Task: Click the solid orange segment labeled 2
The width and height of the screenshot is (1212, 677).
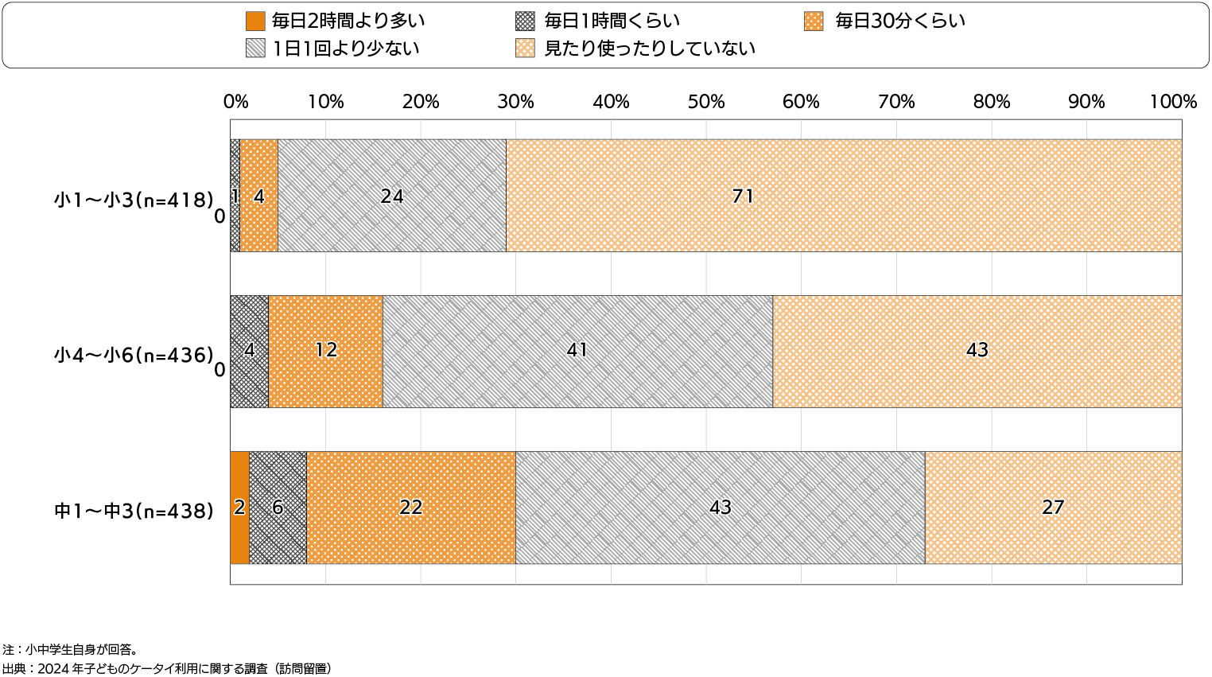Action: click(239, 508)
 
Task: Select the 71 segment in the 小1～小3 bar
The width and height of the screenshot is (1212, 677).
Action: click(843, 196)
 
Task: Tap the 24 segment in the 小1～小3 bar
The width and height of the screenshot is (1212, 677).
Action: click(391, 196)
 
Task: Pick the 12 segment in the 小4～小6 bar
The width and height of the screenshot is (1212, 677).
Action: click(325, 351)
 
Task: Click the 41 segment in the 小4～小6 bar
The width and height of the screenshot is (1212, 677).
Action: click(577, 351)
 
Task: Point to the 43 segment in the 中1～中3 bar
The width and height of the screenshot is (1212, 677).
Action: click(720, 508)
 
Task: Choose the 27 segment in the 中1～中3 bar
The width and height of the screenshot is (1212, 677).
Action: click(1053, 508)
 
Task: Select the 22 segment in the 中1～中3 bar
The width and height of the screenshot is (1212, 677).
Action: click(410, 508)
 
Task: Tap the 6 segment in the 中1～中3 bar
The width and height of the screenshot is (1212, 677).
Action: click(278, 508)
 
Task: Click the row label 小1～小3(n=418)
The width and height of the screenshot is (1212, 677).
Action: click(134, 199)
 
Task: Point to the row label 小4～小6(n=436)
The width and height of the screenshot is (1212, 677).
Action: click(134, 355)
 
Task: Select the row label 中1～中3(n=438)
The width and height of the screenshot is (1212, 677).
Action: click(134, 511)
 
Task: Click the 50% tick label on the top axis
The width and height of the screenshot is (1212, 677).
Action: click(705, 102)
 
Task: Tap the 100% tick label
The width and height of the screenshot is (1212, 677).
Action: click(1173, 102)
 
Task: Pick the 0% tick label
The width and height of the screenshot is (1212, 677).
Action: click(235, 102)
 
